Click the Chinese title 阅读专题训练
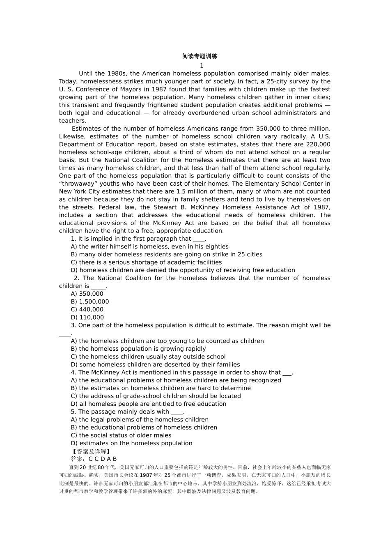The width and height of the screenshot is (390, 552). click(200, 56)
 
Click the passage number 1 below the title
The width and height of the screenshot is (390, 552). click(202, 66)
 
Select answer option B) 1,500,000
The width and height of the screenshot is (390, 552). click(90, 301)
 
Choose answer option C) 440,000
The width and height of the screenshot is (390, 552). click(87, 309)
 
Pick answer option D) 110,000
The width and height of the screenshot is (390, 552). click(87, 317)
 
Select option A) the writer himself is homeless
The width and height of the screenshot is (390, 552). click(149, 246)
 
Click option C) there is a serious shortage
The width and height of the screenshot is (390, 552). click(146, 262)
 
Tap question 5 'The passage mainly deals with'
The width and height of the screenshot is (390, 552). click(127, 412)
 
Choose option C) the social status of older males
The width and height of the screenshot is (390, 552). click(121, 435)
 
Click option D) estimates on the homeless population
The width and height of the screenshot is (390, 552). click(131, 443)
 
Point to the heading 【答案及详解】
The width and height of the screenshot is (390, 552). click(91, 451)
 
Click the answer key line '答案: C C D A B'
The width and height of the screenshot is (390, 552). click(94, 459)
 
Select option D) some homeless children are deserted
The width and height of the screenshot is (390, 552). click(155, 365)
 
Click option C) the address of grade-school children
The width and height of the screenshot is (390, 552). click(156, 396)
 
